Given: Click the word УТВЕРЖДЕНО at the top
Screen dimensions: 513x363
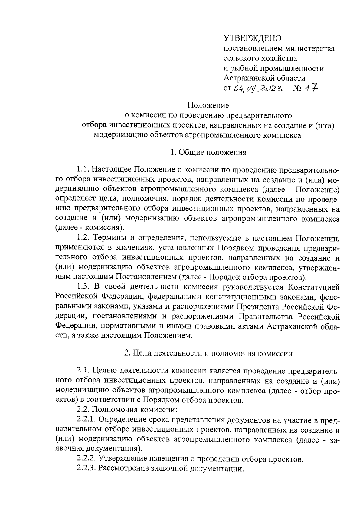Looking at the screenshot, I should (253, 38).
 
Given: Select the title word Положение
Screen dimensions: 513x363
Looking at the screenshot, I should (208, 105).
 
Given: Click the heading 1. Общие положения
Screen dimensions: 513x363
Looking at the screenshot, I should (208, 152).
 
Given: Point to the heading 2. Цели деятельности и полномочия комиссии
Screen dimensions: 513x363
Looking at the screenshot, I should (208, 353).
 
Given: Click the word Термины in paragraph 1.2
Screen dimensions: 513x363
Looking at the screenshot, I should (109, 239).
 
